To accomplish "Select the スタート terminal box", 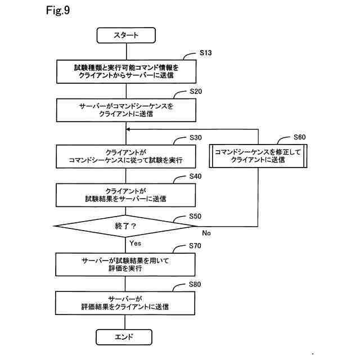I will [125, 35].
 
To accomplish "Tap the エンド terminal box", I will [125, 337].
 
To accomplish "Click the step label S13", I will [206, 53].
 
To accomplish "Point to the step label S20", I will [196, 91].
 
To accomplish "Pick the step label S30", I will [196, 137].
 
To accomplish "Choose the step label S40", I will [196, 176].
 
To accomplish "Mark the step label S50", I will [196, 216].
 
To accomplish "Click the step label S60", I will [300, 137].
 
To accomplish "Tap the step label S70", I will [196, 246].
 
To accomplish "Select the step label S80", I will [196, 284].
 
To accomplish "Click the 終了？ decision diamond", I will [125, 226].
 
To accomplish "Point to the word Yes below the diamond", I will [135, 243].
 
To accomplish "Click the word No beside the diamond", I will [206, 232].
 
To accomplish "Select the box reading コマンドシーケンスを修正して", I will [258, 156].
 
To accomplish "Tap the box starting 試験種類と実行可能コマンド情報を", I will [125, 70].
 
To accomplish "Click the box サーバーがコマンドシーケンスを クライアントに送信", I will [125, 109].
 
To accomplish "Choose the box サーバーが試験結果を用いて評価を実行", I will [125, 264].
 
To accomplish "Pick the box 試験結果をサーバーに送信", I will [125, 195].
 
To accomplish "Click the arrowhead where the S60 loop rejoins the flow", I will [128, 129].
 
